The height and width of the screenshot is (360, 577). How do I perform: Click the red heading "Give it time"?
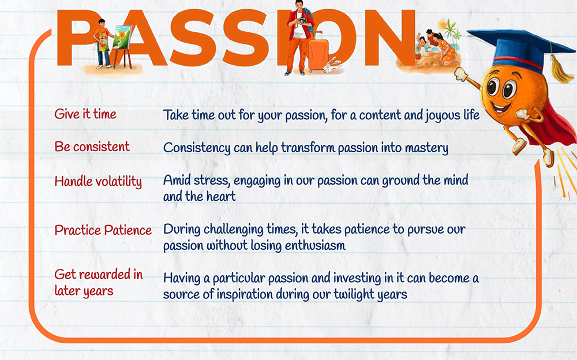(x=85, y=114)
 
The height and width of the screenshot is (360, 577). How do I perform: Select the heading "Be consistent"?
(x=92, y=147)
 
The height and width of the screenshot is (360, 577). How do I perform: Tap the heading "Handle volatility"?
(x=98, y=182)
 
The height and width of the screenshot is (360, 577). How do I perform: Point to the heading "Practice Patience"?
(x=103, y=230)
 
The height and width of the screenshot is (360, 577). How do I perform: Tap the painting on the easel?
(x=122, y=37)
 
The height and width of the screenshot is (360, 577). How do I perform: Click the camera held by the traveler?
(x=302, y=21)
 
